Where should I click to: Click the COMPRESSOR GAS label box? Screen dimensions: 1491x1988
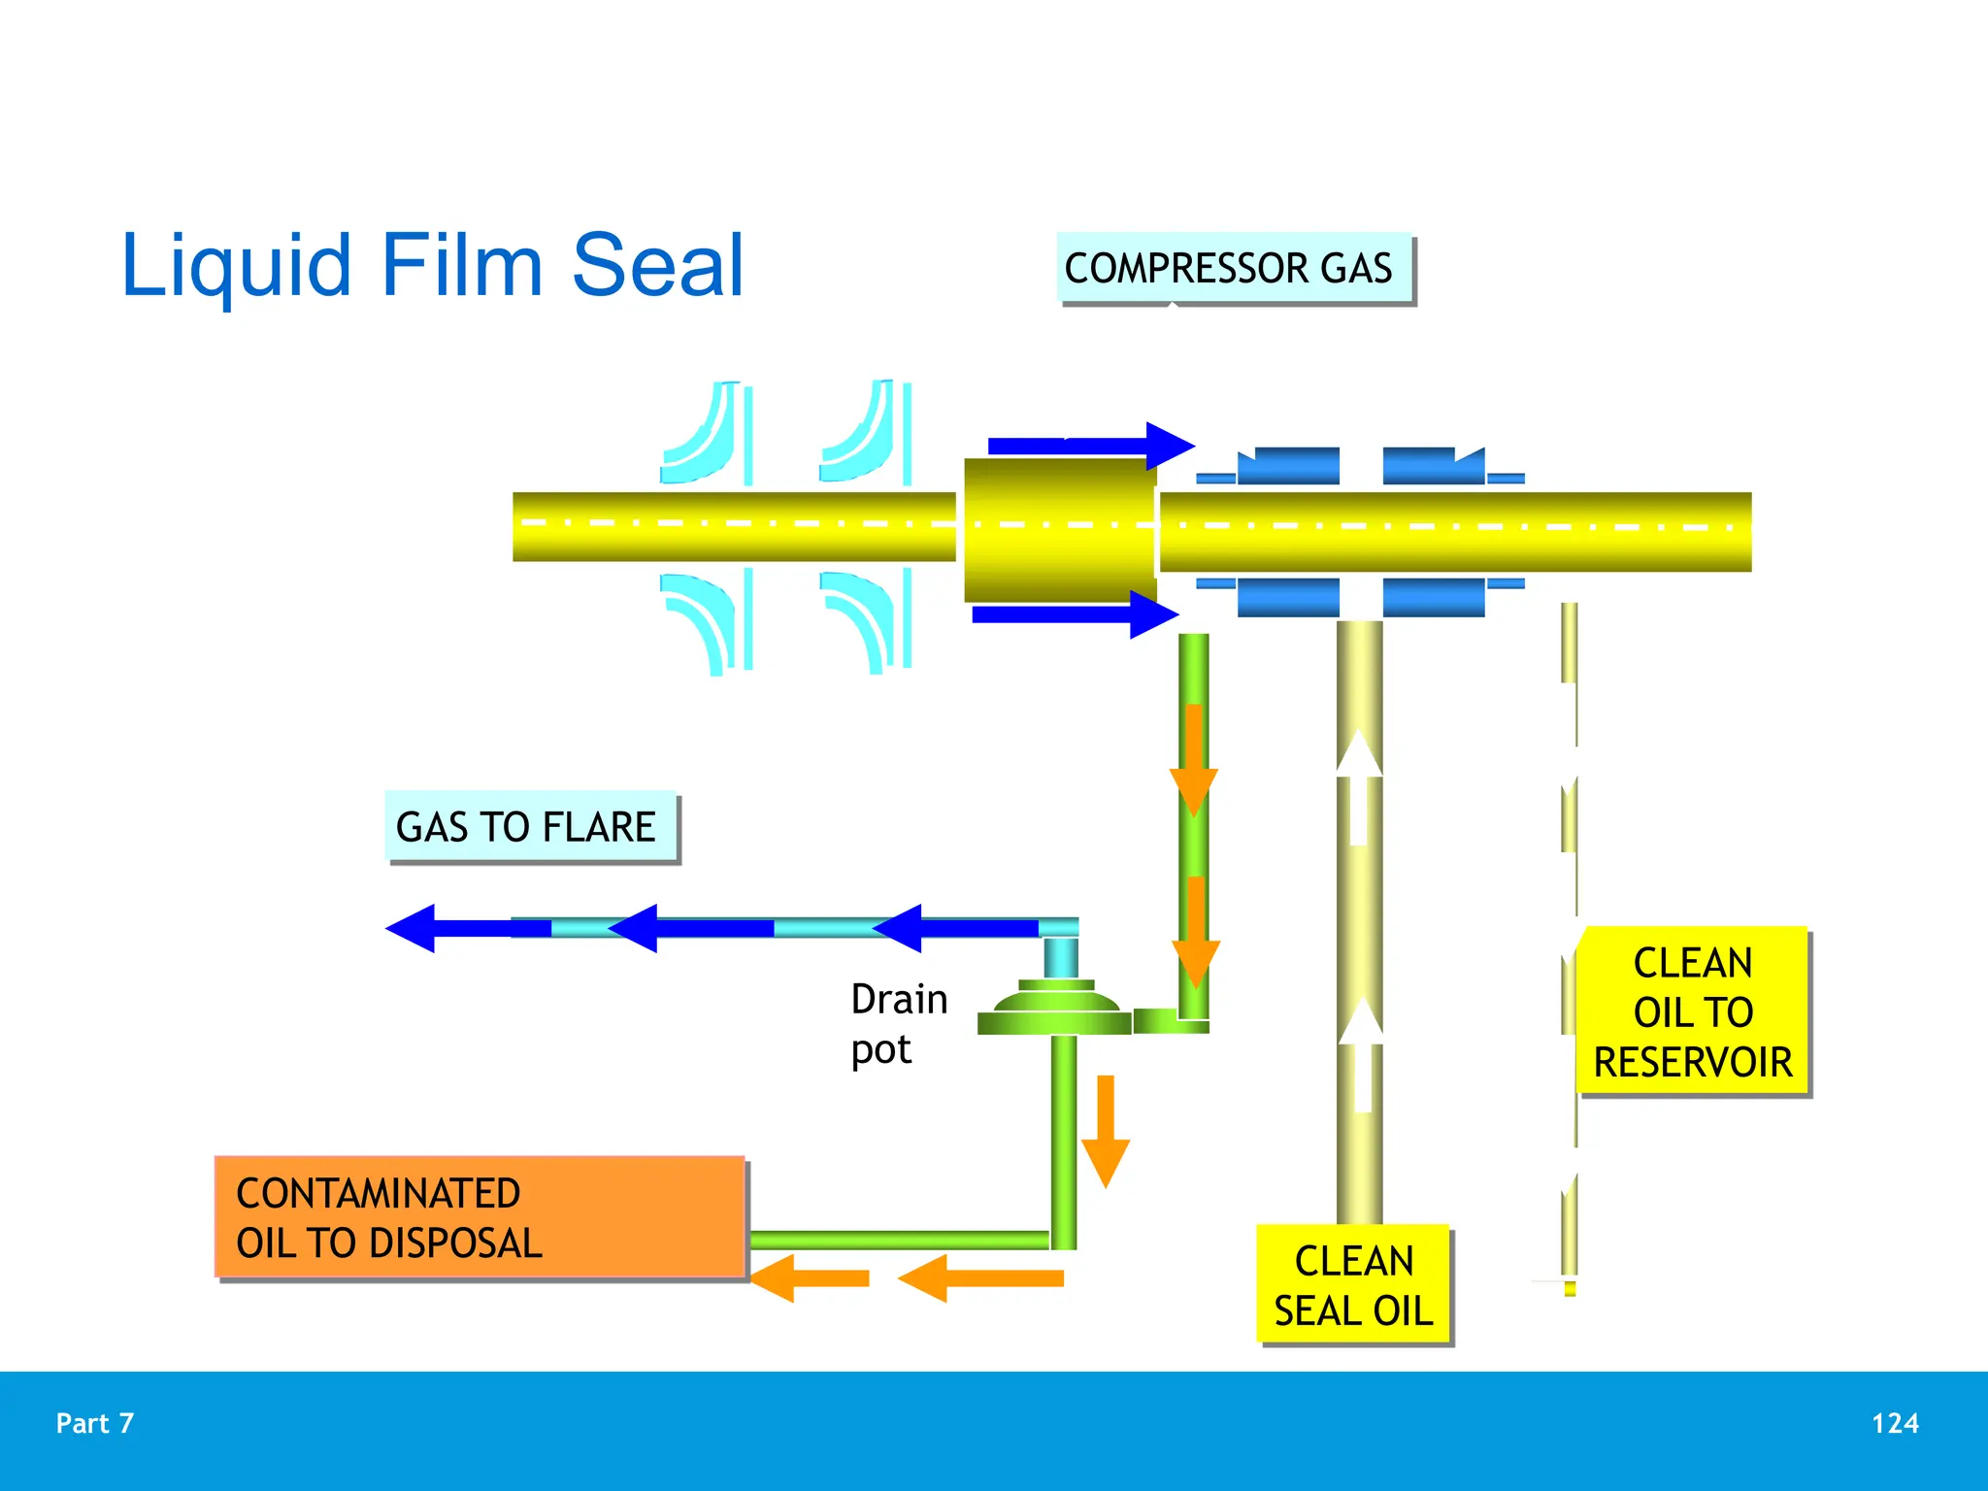[1231, 268]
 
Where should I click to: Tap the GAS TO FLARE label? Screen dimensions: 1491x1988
[528, 827]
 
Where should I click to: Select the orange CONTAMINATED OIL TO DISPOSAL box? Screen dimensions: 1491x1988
[480, 1216]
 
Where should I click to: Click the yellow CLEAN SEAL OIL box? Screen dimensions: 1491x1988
[1353, 1284]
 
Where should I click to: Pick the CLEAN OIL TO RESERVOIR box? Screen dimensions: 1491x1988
[1692, 1011]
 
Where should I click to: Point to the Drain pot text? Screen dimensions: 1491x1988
[897, 1023]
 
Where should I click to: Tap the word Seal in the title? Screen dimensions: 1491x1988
[657, 265]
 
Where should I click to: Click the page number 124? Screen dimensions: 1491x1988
[1894, 1423]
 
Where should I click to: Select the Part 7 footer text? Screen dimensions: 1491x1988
[95, 1423]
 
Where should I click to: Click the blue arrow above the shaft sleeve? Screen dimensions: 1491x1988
[1091, 447]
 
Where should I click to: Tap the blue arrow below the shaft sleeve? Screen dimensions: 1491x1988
[1076, 614]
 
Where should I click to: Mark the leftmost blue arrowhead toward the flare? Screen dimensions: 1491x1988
[413, 928]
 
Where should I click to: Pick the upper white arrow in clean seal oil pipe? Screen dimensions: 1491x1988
[1359, 786]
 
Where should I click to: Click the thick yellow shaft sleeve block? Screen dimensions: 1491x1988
[1059, 530]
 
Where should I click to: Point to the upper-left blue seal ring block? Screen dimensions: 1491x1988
[1288, 466]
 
